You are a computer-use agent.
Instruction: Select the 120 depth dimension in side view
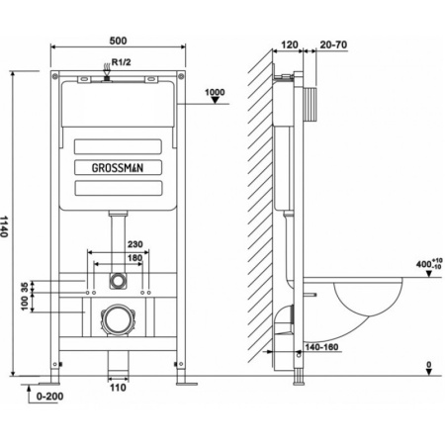pyautogui.click(x=290, y=45)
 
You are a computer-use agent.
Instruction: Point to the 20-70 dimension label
pyautogui.click(x=332, y=45)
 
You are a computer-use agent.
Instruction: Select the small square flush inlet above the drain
pyautogui.click(x=118, y=280)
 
